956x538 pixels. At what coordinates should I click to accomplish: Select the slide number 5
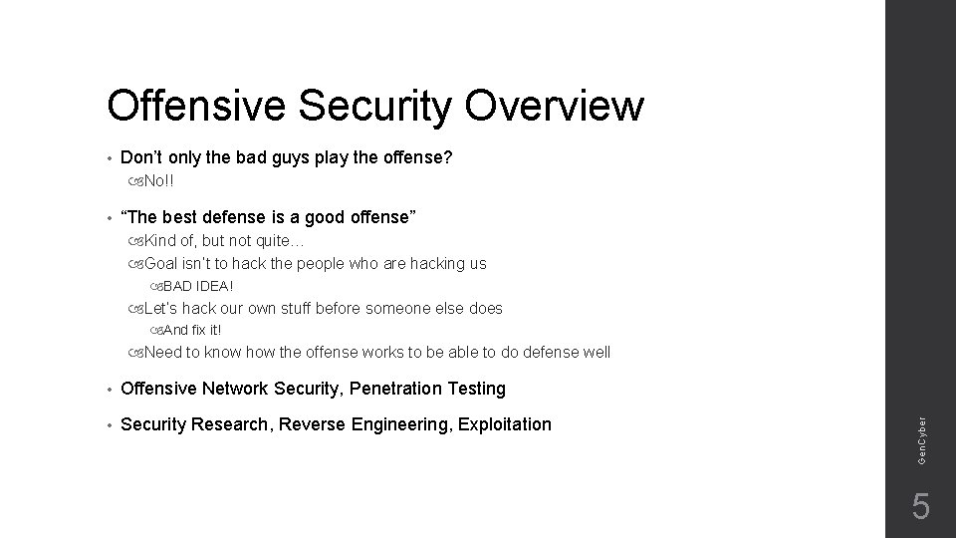point(921,507)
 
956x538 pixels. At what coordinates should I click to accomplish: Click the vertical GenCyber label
point(923,437)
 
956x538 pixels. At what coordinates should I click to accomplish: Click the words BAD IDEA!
point(198,287)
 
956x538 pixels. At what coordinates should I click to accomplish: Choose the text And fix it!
point(192,330)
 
